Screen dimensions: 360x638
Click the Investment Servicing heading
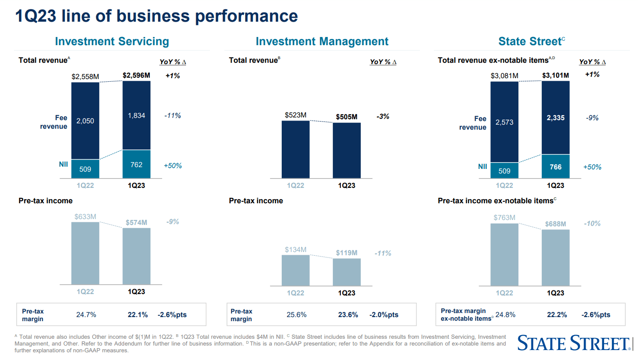point(112,42)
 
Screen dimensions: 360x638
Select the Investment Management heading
point(322,42)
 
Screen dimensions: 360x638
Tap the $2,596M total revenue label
point(136,75)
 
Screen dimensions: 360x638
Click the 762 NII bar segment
point(136,164)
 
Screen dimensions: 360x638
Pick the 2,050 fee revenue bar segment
point(85,121)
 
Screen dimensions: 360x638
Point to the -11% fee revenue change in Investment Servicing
point(172,116)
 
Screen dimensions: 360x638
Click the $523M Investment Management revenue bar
point(296,149)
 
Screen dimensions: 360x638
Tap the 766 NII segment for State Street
point(555,167)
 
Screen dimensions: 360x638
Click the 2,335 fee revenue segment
point(555,118)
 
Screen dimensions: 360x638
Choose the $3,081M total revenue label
point(504,75)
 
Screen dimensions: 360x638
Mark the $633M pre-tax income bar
point(85,253)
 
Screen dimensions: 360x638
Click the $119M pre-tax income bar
point(347,272)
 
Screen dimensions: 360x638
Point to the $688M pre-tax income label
point(555,224)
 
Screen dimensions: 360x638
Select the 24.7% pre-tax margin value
point(86,315)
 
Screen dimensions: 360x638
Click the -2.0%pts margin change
point(384,315)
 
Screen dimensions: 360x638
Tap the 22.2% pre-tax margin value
point(556,315)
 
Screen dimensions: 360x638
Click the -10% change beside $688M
point(592,224)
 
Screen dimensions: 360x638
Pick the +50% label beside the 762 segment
point(172,166)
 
